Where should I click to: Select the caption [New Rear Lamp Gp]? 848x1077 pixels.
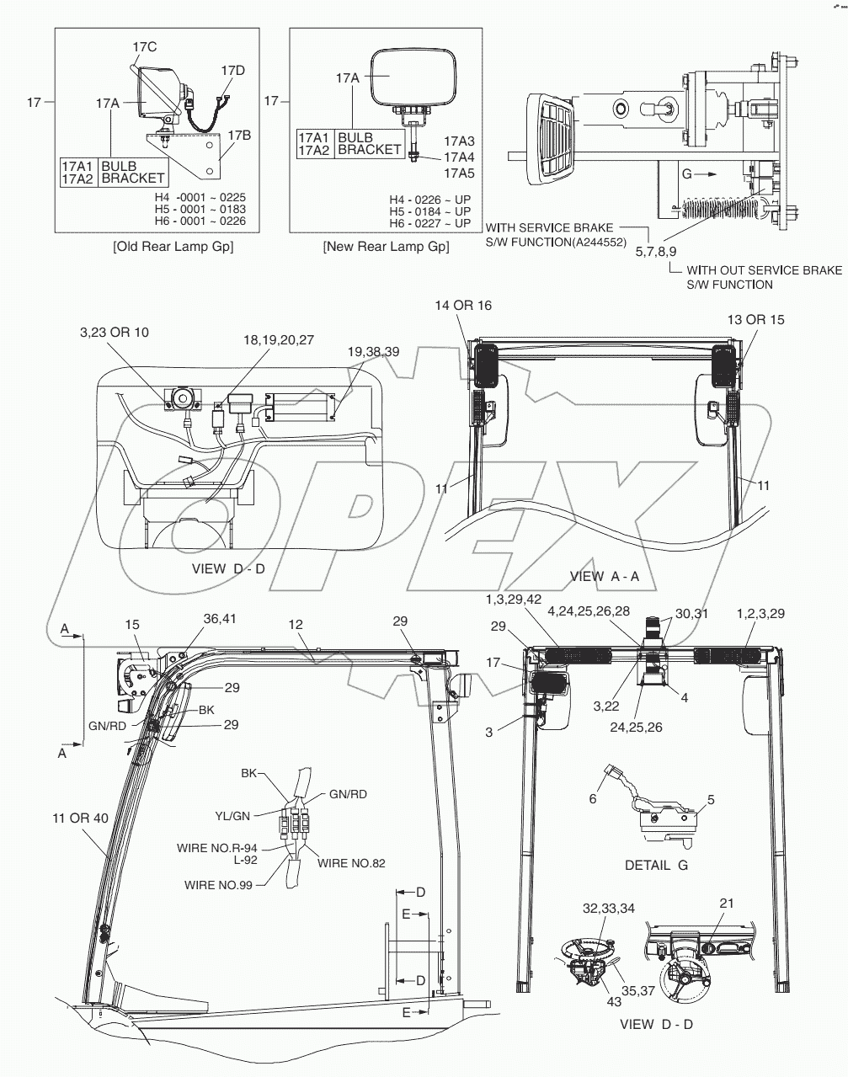point(386,247)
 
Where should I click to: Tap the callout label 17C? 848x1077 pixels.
point(145,47)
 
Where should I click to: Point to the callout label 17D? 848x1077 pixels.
point(233,70)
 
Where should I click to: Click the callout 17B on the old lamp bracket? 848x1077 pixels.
point(239,134)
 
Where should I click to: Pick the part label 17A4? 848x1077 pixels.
point(459,157)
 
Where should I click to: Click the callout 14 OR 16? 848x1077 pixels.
point(462,305)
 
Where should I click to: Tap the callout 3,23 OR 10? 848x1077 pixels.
point(114,333)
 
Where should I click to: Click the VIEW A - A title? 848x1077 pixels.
point(605,576)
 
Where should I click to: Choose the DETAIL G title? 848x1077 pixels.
point(656,865)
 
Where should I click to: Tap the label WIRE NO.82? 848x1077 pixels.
point(351,863)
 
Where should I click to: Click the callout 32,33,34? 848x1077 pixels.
point(609,909)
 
